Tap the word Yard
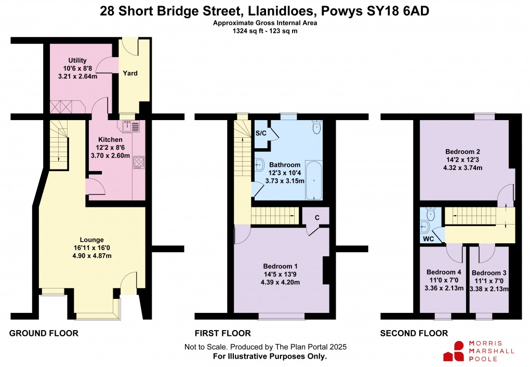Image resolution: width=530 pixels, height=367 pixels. point(130,73)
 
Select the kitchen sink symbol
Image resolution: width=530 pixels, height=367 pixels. point(131,126)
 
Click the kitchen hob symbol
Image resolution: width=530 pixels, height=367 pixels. point(138,162)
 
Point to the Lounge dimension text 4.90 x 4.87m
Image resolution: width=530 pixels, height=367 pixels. point(92,256)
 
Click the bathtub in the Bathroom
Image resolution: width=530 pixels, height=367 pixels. point(313,180)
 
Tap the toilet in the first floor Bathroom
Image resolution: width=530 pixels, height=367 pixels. point(316,126)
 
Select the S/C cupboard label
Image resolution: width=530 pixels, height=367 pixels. point(261,133)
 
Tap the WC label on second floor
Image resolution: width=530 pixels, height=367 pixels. point(428,239)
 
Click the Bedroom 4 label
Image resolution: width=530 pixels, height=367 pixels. point(443,272)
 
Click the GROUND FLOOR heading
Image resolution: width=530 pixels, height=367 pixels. point(44,333)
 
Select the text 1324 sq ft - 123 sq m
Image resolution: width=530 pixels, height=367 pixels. point(264,31)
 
